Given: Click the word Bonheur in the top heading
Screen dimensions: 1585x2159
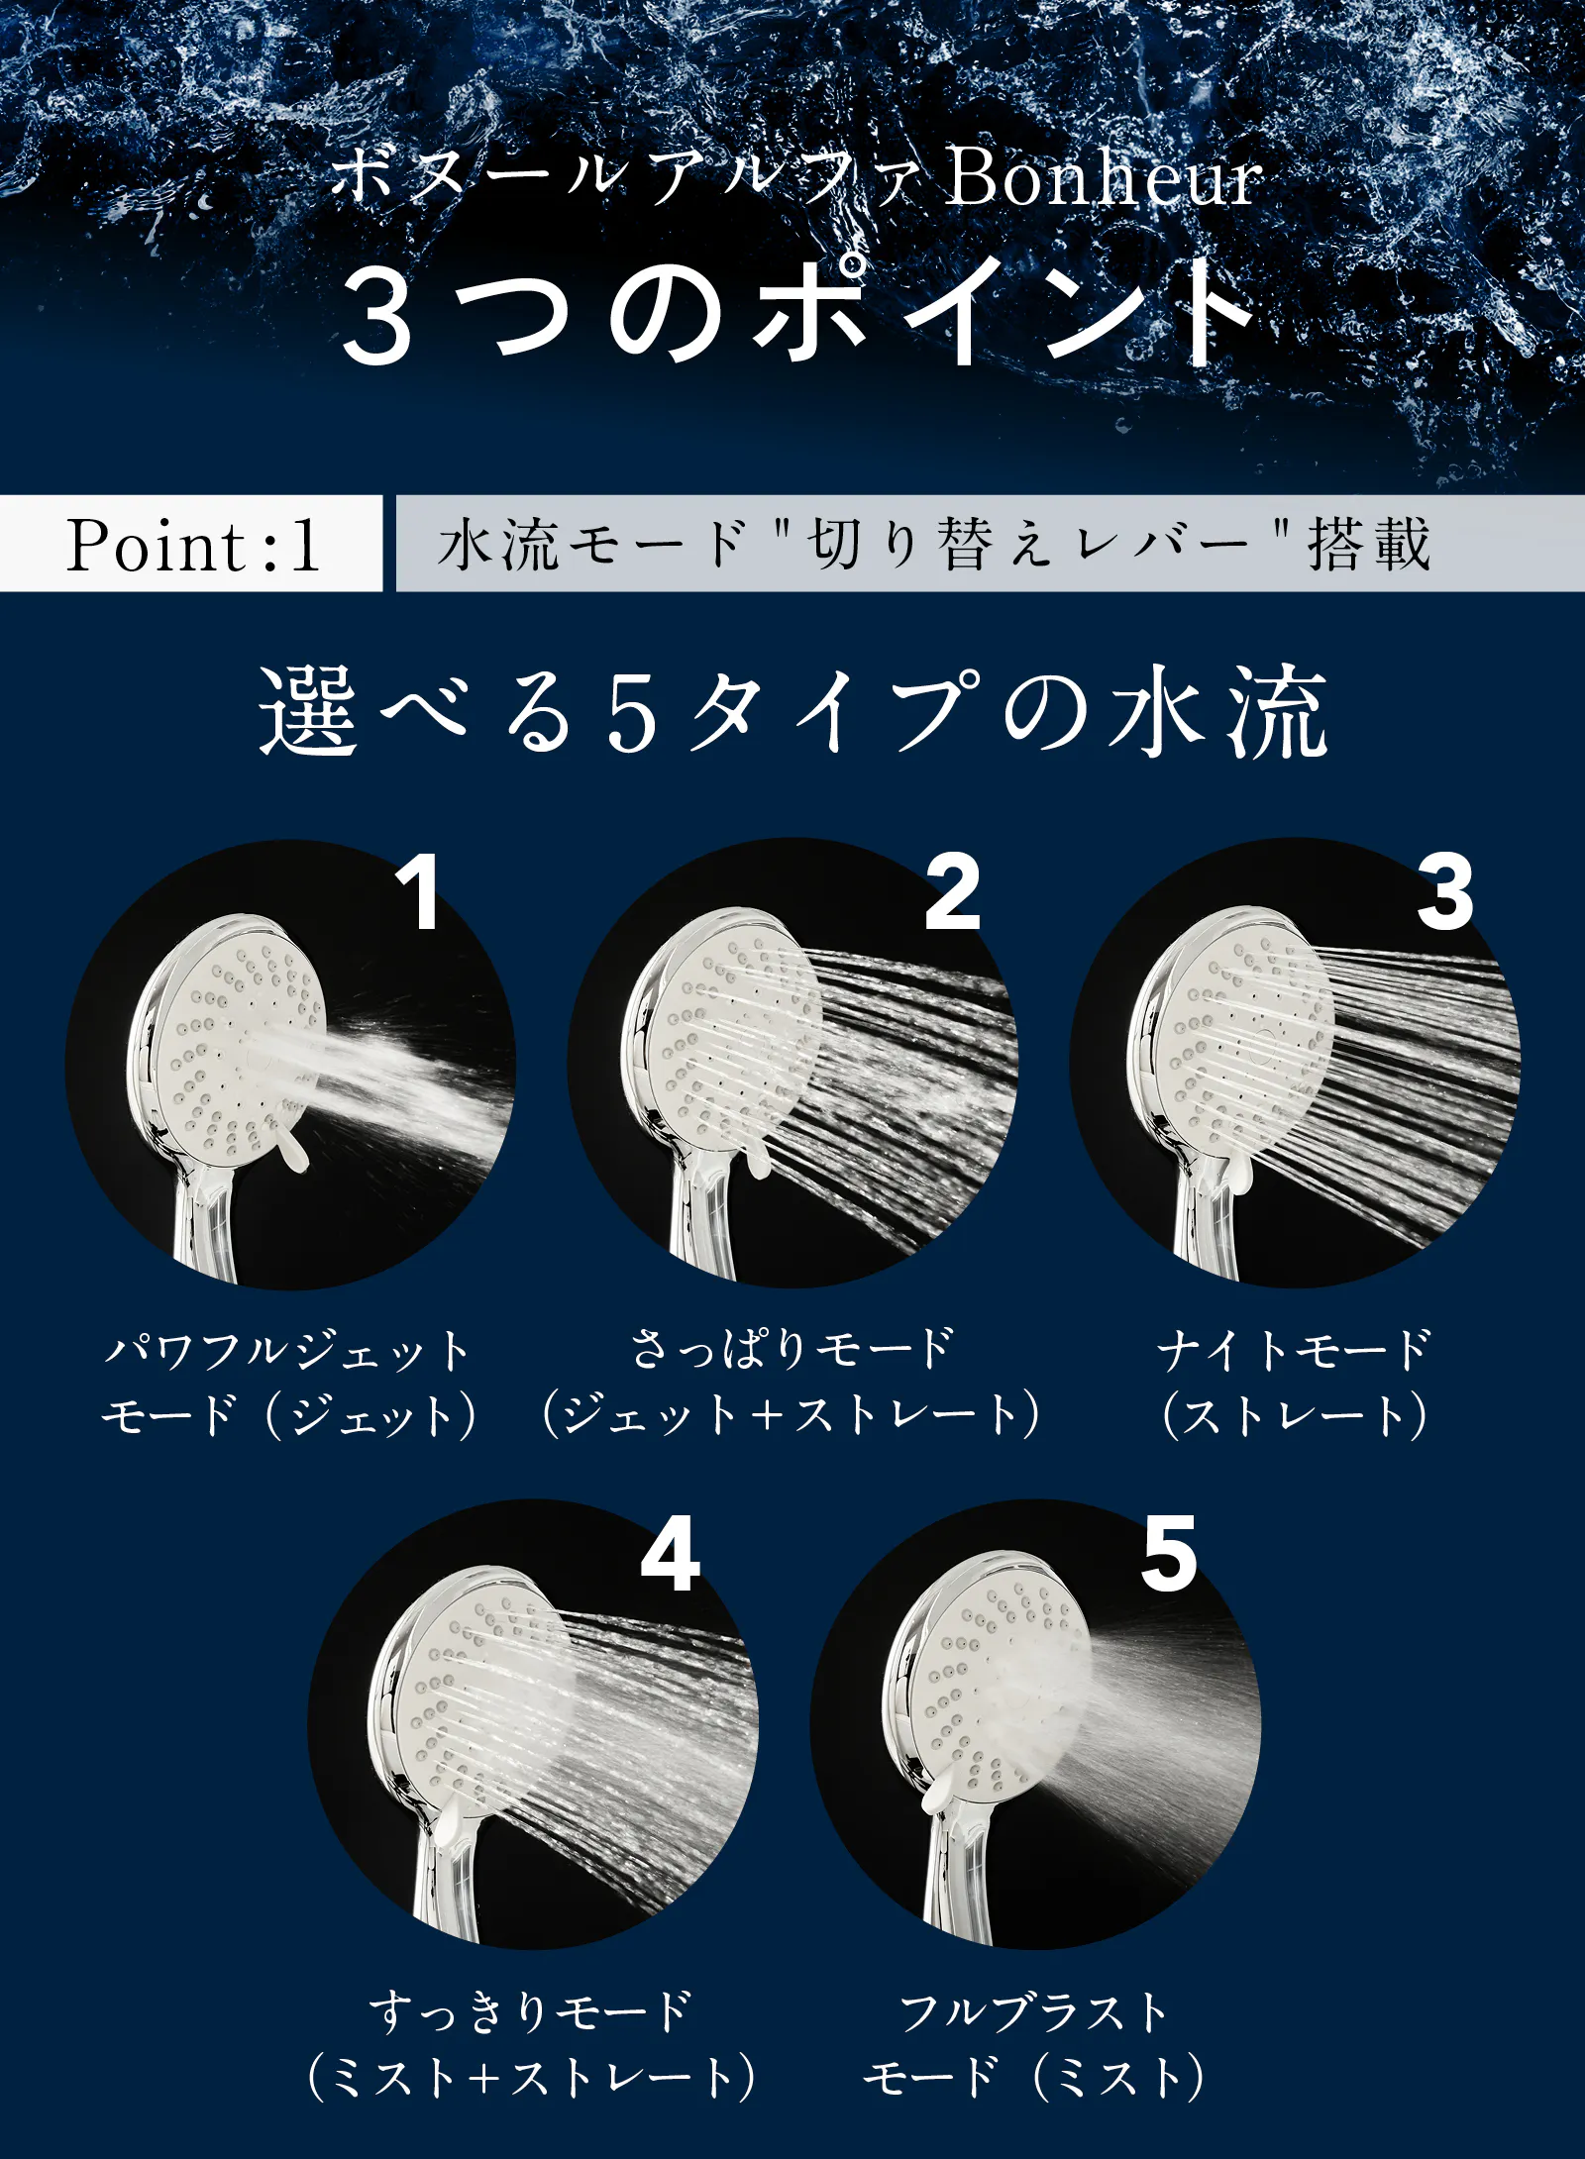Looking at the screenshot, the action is pyautogui.click(x=1103, y=178).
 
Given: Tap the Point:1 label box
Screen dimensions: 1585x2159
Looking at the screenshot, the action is pyautogui.click(x=190, y=543).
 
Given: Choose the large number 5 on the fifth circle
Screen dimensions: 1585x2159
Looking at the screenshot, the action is pyautogui.click(x=1169, y=1553).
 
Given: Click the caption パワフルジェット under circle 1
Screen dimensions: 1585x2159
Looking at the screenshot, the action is pyautogui.click(x=288, y=1350).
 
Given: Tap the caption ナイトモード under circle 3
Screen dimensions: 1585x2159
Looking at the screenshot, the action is pyautogui.click(x=1295, y=1349).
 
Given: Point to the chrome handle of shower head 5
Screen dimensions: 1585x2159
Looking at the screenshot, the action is pyautogui.click(x=957, y=1882).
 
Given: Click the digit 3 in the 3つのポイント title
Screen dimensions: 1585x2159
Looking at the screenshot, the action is pyautogui.click(x=376, y=318).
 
